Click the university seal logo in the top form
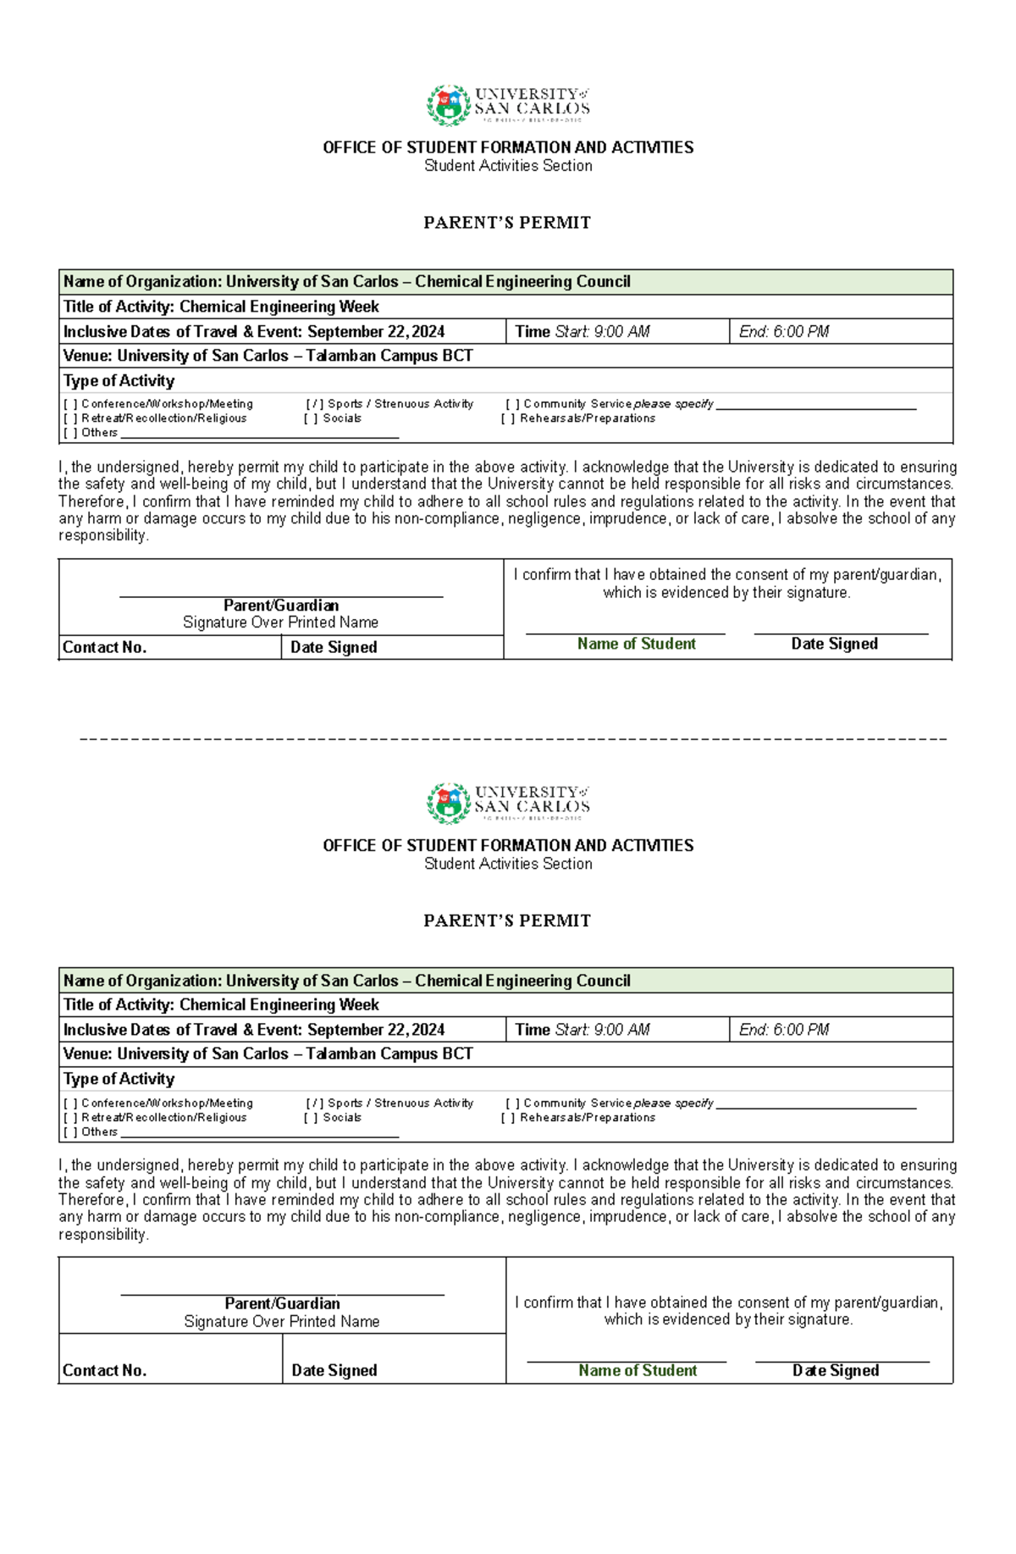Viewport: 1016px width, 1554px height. (x=448, y=106)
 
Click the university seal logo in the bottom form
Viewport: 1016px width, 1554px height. (x=448, y=804)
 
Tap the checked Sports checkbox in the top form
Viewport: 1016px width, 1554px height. (x=315, y=405)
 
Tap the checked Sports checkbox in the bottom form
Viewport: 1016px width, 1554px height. (x=315, y=1103)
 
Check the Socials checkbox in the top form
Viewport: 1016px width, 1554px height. (x=311, y=418)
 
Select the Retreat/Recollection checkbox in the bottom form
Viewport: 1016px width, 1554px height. (x=70, y=1118)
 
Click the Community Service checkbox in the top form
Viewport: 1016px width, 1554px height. (x=512, y=405)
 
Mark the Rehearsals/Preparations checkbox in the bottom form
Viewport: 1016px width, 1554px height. (x=508, y=1118)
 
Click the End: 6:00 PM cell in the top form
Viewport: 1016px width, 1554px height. (x=784, y=332)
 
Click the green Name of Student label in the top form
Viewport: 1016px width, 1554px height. (x=636, y=644)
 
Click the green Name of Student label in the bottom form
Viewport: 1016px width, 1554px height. (x=638, y=1371)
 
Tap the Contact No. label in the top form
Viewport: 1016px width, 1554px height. (x=105, y=648)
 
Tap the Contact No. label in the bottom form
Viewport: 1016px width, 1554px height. (x=105, y=1371)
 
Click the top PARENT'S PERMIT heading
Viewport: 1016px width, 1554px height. (x=507, y=223)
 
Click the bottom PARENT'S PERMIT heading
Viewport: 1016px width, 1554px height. (x=507, y=921)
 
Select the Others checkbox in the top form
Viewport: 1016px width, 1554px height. (x=70, y=433)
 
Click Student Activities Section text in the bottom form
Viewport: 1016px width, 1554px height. (x=508, y=865)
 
